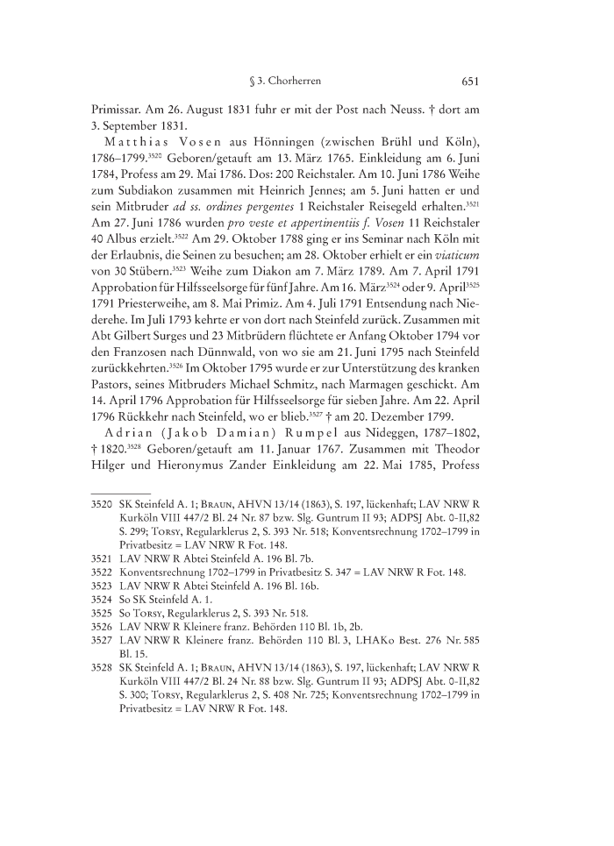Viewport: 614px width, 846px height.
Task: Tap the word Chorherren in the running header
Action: (x=292, y=82)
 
